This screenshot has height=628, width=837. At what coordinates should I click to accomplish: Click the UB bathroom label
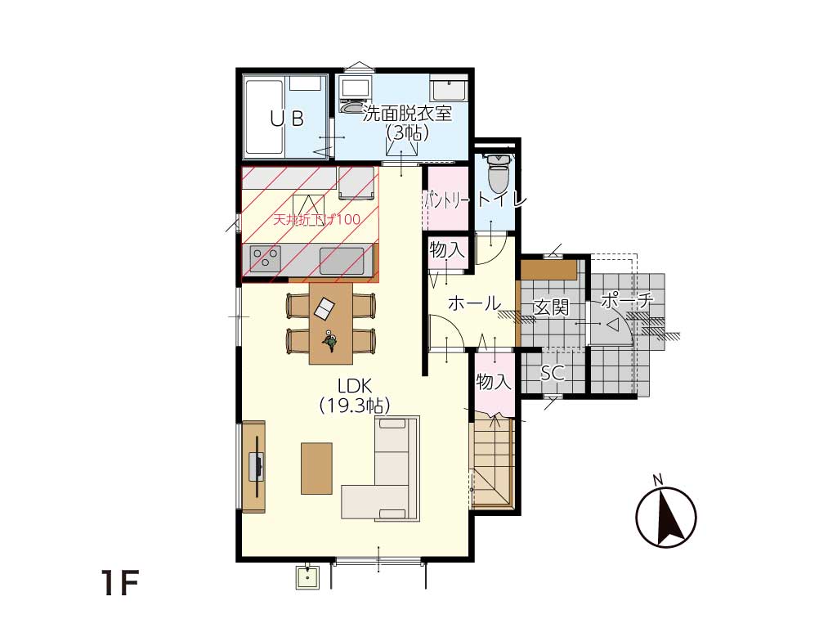287,118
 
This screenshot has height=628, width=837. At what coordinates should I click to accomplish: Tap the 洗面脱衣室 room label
407,114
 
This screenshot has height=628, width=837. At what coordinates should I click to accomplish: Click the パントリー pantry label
447,201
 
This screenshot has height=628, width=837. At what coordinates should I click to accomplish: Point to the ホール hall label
474,303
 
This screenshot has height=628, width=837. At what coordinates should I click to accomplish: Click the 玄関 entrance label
551,307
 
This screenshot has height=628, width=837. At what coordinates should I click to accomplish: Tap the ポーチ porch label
627,301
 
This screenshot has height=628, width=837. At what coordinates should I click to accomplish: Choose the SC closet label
553,372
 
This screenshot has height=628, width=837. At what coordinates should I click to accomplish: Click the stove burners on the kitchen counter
266,258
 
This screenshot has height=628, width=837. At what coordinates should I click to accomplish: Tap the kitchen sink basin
342,261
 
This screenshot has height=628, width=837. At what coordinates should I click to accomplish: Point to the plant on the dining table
329,341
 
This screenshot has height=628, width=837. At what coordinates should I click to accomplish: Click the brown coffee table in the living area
316,469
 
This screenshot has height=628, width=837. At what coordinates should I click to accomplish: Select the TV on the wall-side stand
257,467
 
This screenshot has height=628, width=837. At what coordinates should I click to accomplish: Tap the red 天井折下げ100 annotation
316,219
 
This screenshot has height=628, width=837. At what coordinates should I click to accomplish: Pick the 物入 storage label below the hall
494,382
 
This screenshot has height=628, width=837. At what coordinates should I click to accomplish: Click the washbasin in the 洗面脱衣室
449,89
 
